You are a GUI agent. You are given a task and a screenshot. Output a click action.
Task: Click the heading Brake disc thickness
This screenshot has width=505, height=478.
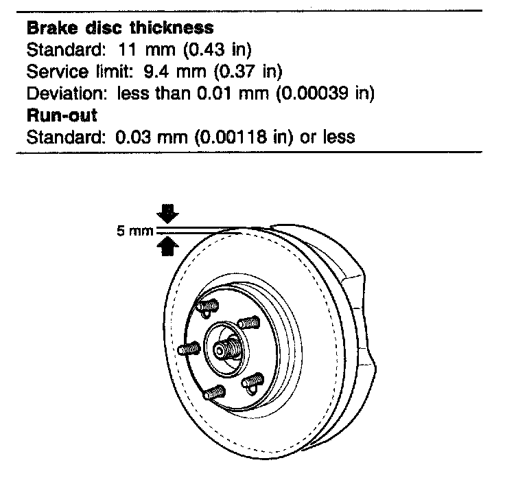click(x=119, y=29)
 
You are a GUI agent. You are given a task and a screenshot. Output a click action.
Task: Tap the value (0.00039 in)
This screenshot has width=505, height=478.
click(x=325, y=93)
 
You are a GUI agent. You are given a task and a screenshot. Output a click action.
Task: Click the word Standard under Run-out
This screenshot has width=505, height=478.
click(x=66, y=136)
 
